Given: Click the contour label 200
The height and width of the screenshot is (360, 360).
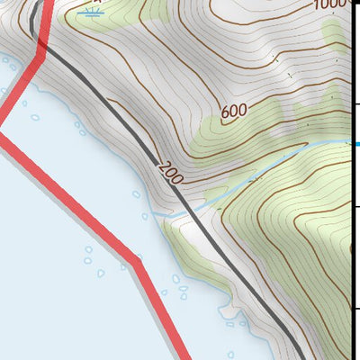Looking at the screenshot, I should click(x=169, y=170).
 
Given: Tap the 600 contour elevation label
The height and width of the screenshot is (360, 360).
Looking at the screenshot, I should click(x=233, y=112).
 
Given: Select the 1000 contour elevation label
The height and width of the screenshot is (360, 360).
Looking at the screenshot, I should click(x=331, y=5).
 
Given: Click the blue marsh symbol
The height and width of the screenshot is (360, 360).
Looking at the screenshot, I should click(x=90, y=12).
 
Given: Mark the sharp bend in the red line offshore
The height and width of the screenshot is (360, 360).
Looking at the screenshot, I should click(x=138, y=261).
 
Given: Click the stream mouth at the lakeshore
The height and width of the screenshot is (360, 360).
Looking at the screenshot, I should click(x=158, y=215).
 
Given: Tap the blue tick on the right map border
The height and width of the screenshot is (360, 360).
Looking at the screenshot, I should click(x=356, y=143).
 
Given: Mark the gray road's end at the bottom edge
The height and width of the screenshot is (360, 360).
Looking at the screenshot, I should click(x=300, y=357).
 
